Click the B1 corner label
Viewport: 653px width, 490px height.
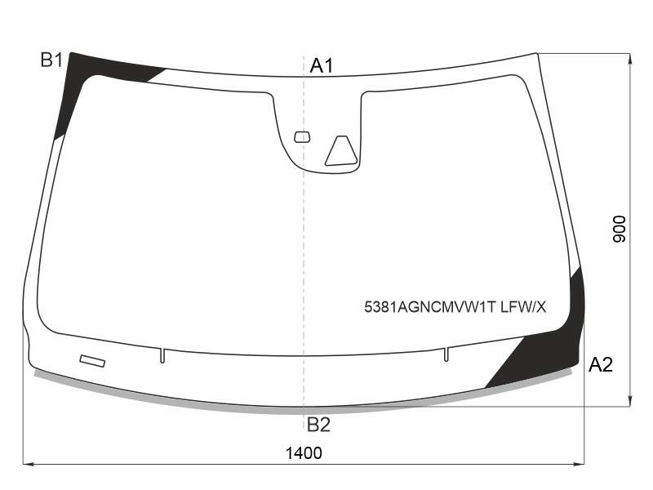click(x=51, y=60)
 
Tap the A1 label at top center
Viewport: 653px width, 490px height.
click(x=322, y=66)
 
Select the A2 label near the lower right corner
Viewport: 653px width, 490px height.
click(x=601, y=365)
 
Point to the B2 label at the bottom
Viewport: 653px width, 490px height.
click(x=318, y=425)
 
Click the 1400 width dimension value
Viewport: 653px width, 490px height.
click(x=304, y=453)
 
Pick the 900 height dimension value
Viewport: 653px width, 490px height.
click(x=620, y=229)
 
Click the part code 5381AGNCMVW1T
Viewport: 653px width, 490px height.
click(x=430, y=308)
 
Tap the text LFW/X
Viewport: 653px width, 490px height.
click(x=523, y=308)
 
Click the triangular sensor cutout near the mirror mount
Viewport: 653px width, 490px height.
click(x=341, y=151)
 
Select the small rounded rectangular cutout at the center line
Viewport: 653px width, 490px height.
click(x=302, y=137)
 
